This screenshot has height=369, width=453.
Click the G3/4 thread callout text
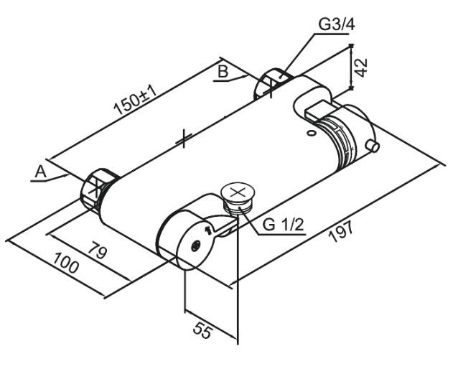[337, 24]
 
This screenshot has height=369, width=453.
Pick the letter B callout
[223, 72]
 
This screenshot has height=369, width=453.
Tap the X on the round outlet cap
[239, 192]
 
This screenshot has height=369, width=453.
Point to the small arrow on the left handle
[208, 230]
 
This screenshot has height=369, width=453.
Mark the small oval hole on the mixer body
[310, 133]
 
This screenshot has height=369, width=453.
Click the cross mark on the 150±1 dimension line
[185, 138]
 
